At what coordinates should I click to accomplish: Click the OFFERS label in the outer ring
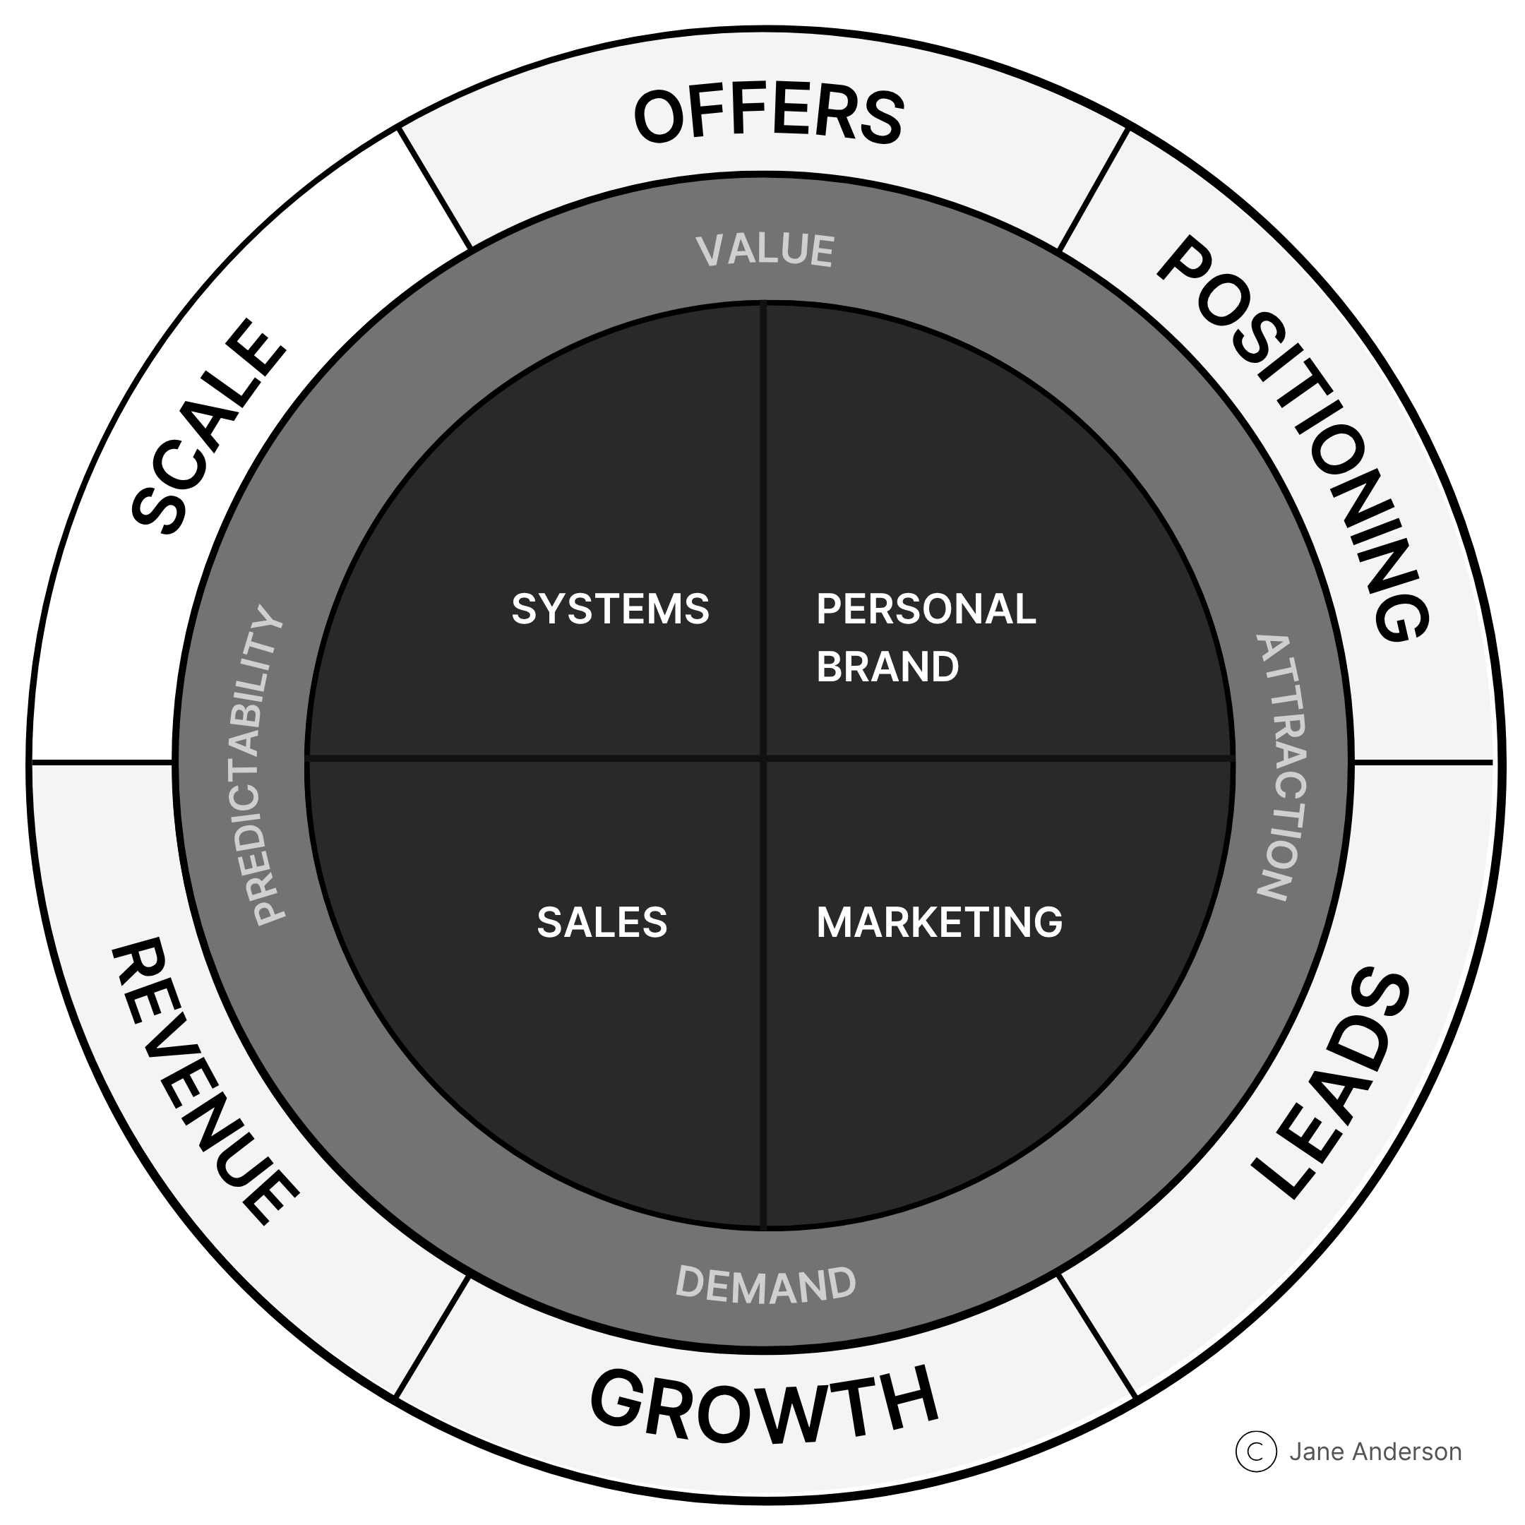click(768, 116)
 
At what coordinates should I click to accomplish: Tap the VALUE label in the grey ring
click(765, 250)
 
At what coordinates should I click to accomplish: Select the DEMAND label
click(765, 1283)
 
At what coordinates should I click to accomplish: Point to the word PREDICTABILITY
click(261, 765)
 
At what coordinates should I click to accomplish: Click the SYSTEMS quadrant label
click(610, 609)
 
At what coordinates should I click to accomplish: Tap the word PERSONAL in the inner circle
click(926, 609)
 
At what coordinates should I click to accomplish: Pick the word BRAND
click(887, 667)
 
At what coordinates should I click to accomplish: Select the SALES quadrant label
click(602, 922)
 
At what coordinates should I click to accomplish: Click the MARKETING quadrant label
click(939, 922)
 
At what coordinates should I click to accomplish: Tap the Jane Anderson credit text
click(1375, 1452)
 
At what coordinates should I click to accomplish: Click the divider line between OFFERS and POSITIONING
click(1092, 189)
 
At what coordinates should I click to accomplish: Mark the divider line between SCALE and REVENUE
click(102, 763)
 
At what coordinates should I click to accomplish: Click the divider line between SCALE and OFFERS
click(434, 189)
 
